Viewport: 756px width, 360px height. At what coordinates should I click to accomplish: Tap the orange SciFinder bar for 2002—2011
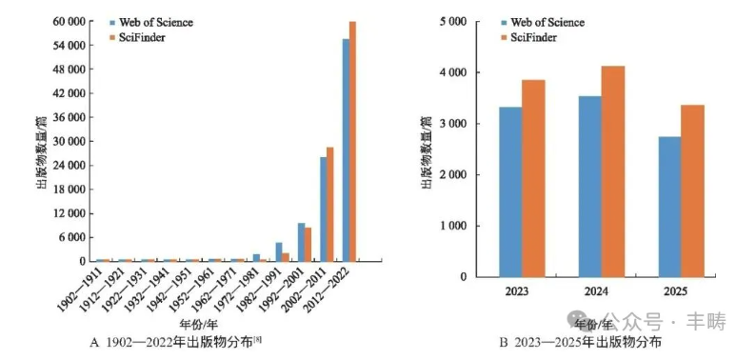[330, 204]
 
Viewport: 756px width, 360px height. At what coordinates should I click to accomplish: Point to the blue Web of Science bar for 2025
[669, 207]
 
